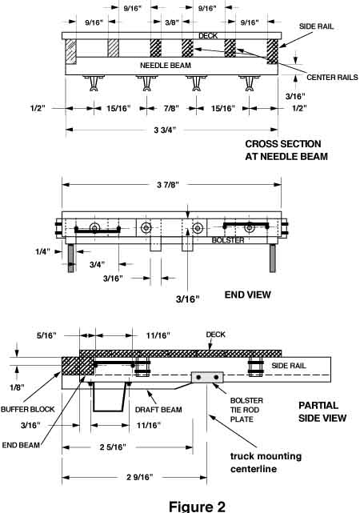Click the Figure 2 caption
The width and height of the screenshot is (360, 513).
(179, 505)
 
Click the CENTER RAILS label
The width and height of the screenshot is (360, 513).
(326, 78)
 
